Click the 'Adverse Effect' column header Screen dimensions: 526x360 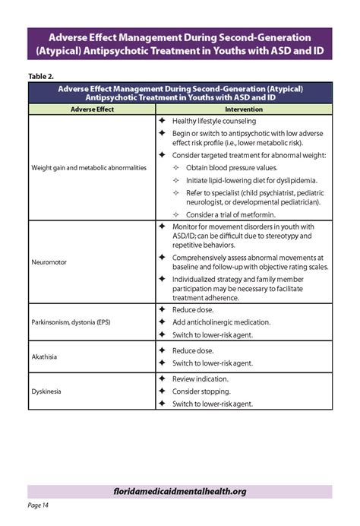pos(92,110)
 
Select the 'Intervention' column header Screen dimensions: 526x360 pos(243,110)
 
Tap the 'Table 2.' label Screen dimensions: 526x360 pos(41,75)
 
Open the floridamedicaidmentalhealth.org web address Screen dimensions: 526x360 pos(179,491)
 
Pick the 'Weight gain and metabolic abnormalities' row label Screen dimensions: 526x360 pos(89,167)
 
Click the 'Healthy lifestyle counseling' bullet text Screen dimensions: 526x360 pos(214,121)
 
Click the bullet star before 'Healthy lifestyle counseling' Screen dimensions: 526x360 pos(162,121)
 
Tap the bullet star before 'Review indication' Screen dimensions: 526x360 pos(162,378)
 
